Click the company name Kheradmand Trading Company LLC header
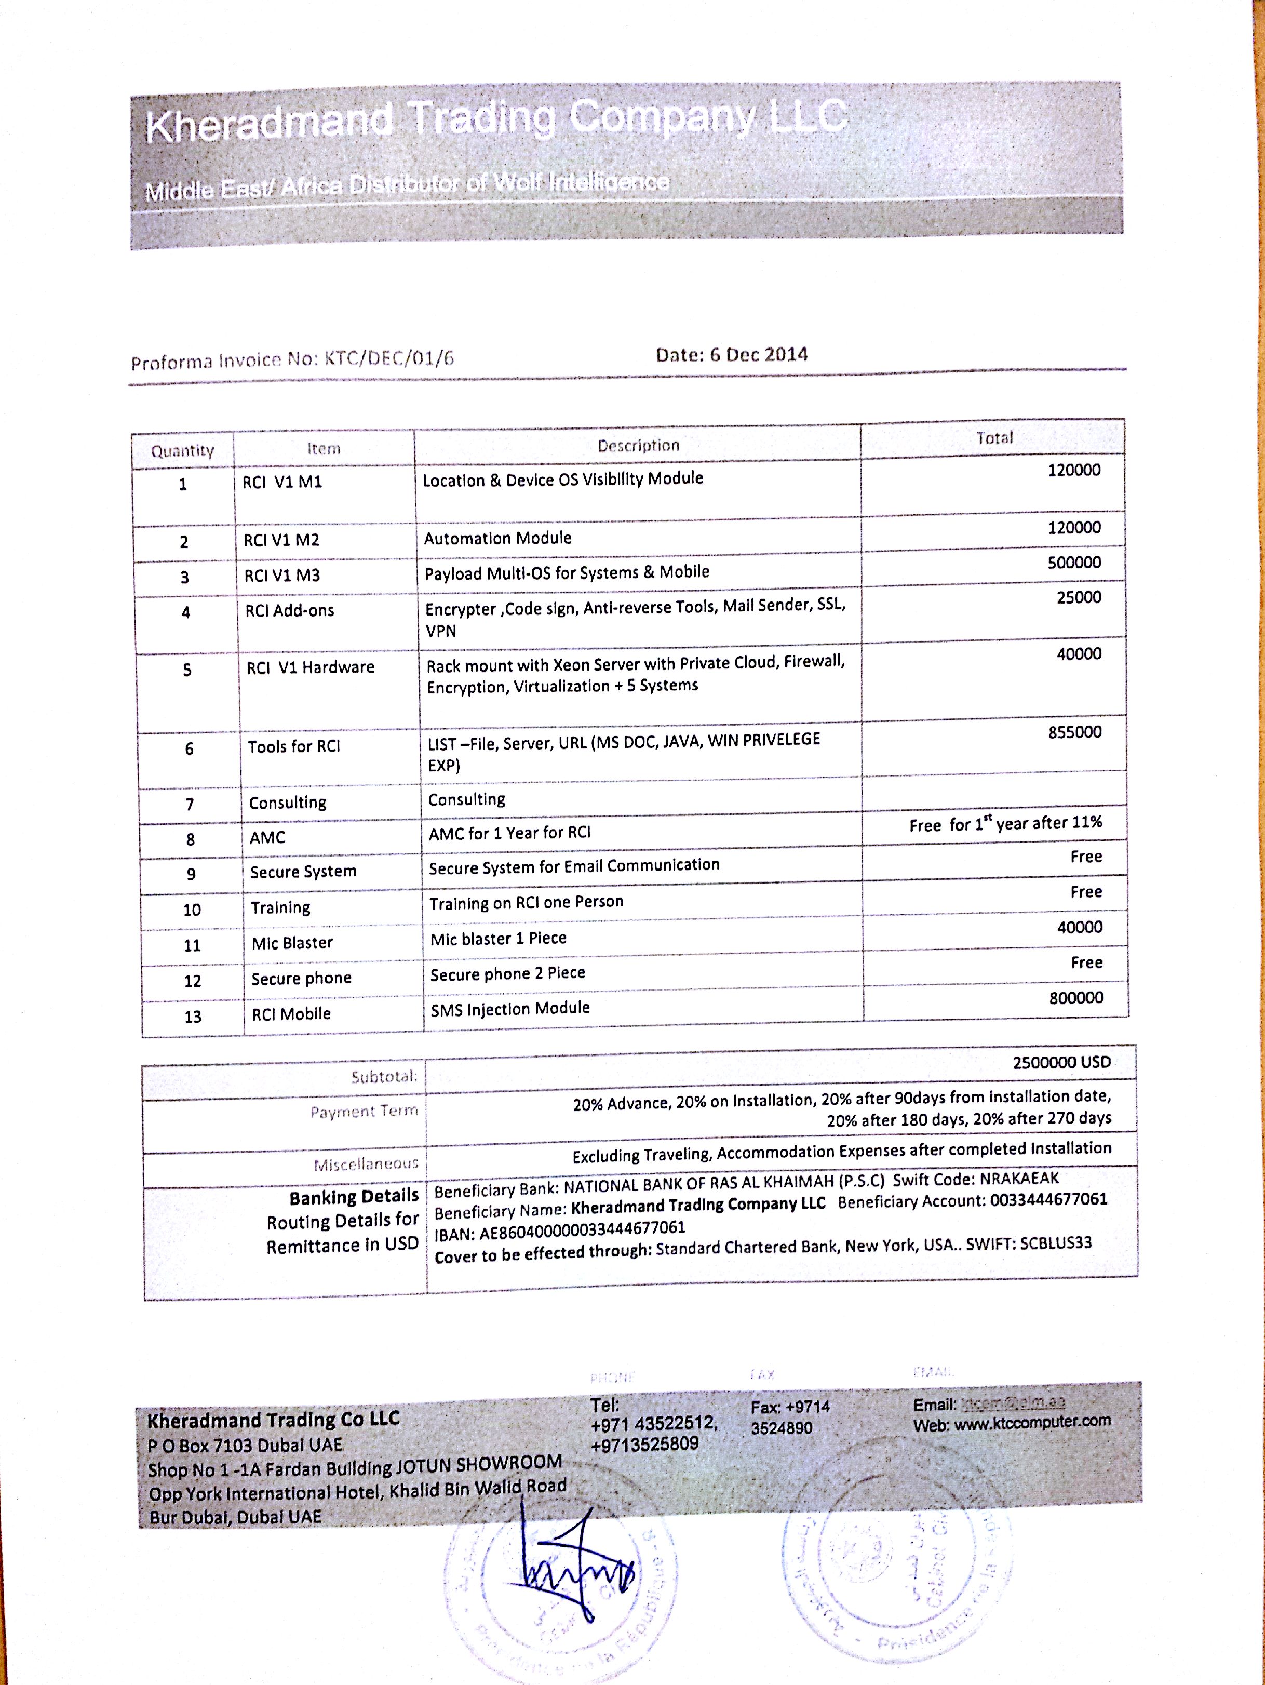coord(496,122)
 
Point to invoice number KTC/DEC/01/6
coord(389,359)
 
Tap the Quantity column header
coord(182,450)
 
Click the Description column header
coord(638,446)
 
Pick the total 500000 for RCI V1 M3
coord(1074,563)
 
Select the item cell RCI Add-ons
coord(289,611)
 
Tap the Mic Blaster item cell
coord(292,943)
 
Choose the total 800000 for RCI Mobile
coord(1075,998)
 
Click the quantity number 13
coord(193,1017)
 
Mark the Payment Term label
coord(364,1112)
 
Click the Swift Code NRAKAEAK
coord(1019,1179)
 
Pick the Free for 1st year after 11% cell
coord(1005,823)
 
